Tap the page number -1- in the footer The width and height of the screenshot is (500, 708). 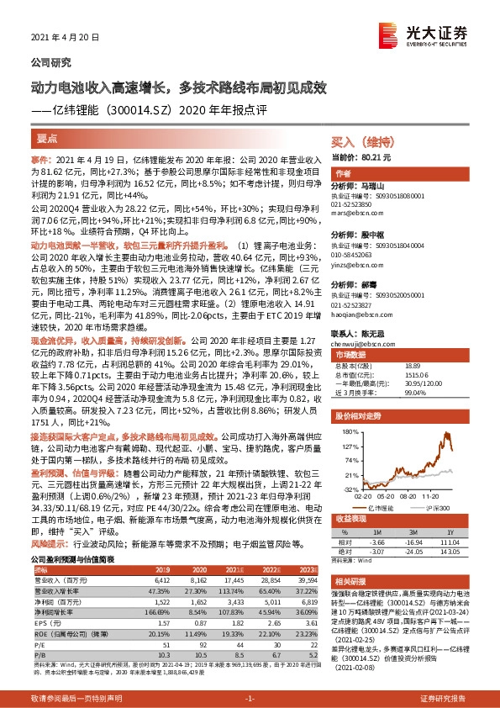pos(250,698)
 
